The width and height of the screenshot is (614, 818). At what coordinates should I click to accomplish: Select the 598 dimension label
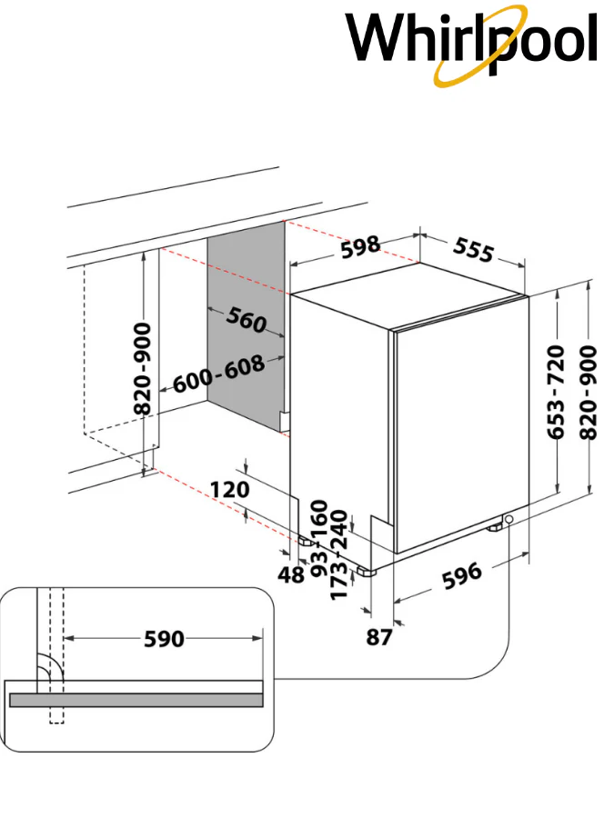click(360, 246)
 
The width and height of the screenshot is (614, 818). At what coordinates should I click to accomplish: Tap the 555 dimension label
click(473, 249)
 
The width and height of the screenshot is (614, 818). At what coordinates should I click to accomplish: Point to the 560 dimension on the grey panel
click(247, 320)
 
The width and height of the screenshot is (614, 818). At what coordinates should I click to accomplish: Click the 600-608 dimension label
click(218, 374)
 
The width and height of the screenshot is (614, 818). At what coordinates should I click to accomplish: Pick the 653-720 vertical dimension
click(556, 391)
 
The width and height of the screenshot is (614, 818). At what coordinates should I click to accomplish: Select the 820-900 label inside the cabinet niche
click(142, 369)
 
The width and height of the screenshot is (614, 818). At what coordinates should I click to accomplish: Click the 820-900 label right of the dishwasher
click(589, 392)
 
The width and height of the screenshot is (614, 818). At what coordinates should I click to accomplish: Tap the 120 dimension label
click(230, 490)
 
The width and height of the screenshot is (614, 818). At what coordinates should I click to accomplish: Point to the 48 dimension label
click(291, 575)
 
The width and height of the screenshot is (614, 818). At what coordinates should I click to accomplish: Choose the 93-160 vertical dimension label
click(319, 538)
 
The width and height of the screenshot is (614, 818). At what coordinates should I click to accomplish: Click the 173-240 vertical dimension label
click(339, 555)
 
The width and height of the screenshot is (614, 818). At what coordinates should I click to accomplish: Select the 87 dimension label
click(379, 637)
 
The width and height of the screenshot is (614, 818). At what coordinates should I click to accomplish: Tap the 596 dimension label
click(462, 575)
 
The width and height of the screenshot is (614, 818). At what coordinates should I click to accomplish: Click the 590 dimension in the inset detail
click(164, 639)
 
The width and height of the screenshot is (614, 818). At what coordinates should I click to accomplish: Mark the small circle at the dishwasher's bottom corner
click(508, 519)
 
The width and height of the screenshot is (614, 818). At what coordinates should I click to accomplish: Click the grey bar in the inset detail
click(136, 700)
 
